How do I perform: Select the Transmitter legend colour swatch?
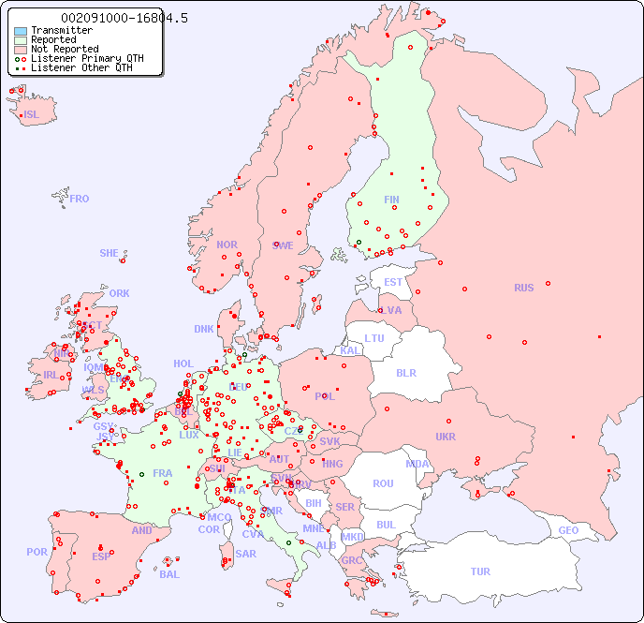coord(21,31)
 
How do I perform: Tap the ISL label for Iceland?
coord(32,115)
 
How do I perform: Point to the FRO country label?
coord(80,199)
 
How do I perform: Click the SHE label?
coord(110,253)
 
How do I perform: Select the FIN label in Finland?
coord(391,200)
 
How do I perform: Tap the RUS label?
coord(523,288)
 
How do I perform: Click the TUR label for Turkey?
coord(480,571)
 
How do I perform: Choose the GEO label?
coord(568,530)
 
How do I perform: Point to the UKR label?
coord(446,437)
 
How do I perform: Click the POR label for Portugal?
coord(37,552)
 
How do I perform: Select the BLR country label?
coord(405,372)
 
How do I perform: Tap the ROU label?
coord(383,483)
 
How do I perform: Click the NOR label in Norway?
coord(227,245)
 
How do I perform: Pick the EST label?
coord(393,282)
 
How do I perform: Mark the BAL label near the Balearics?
coord(169,574)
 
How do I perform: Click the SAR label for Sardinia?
coord(245,554)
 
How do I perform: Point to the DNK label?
coord(204,329)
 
